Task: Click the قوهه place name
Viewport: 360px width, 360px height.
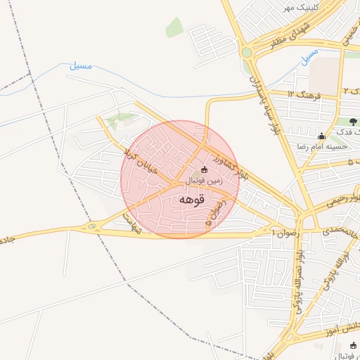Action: [191, 200]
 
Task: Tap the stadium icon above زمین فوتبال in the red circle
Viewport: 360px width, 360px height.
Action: [204, 169]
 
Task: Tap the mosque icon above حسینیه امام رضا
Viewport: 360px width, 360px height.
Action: [322, 136]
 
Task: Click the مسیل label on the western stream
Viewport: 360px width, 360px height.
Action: [81, 65]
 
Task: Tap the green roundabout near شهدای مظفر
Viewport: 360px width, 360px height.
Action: [246, 52]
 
